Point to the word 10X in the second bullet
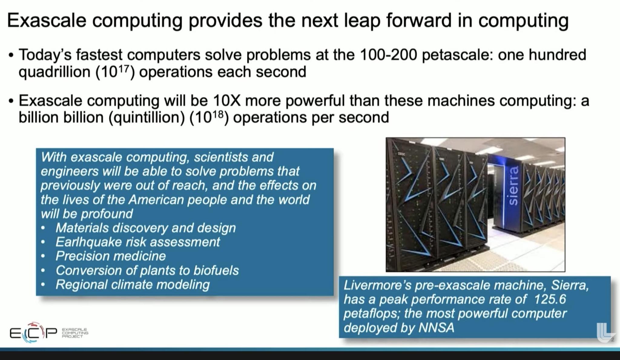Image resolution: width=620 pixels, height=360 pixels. (x=227, y=101)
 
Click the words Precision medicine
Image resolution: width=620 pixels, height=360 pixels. (x=110, y=256)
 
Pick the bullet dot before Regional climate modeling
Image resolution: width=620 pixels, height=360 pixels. (x=43, y=285)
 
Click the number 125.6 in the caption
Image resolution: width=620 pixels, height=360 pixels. (x=550, y=299)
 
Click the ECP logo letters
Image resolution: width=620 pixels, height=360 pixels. (x=33, y=333)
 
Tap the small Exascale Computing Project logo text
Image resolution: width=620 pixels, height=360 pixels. (x=75, y=333)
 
